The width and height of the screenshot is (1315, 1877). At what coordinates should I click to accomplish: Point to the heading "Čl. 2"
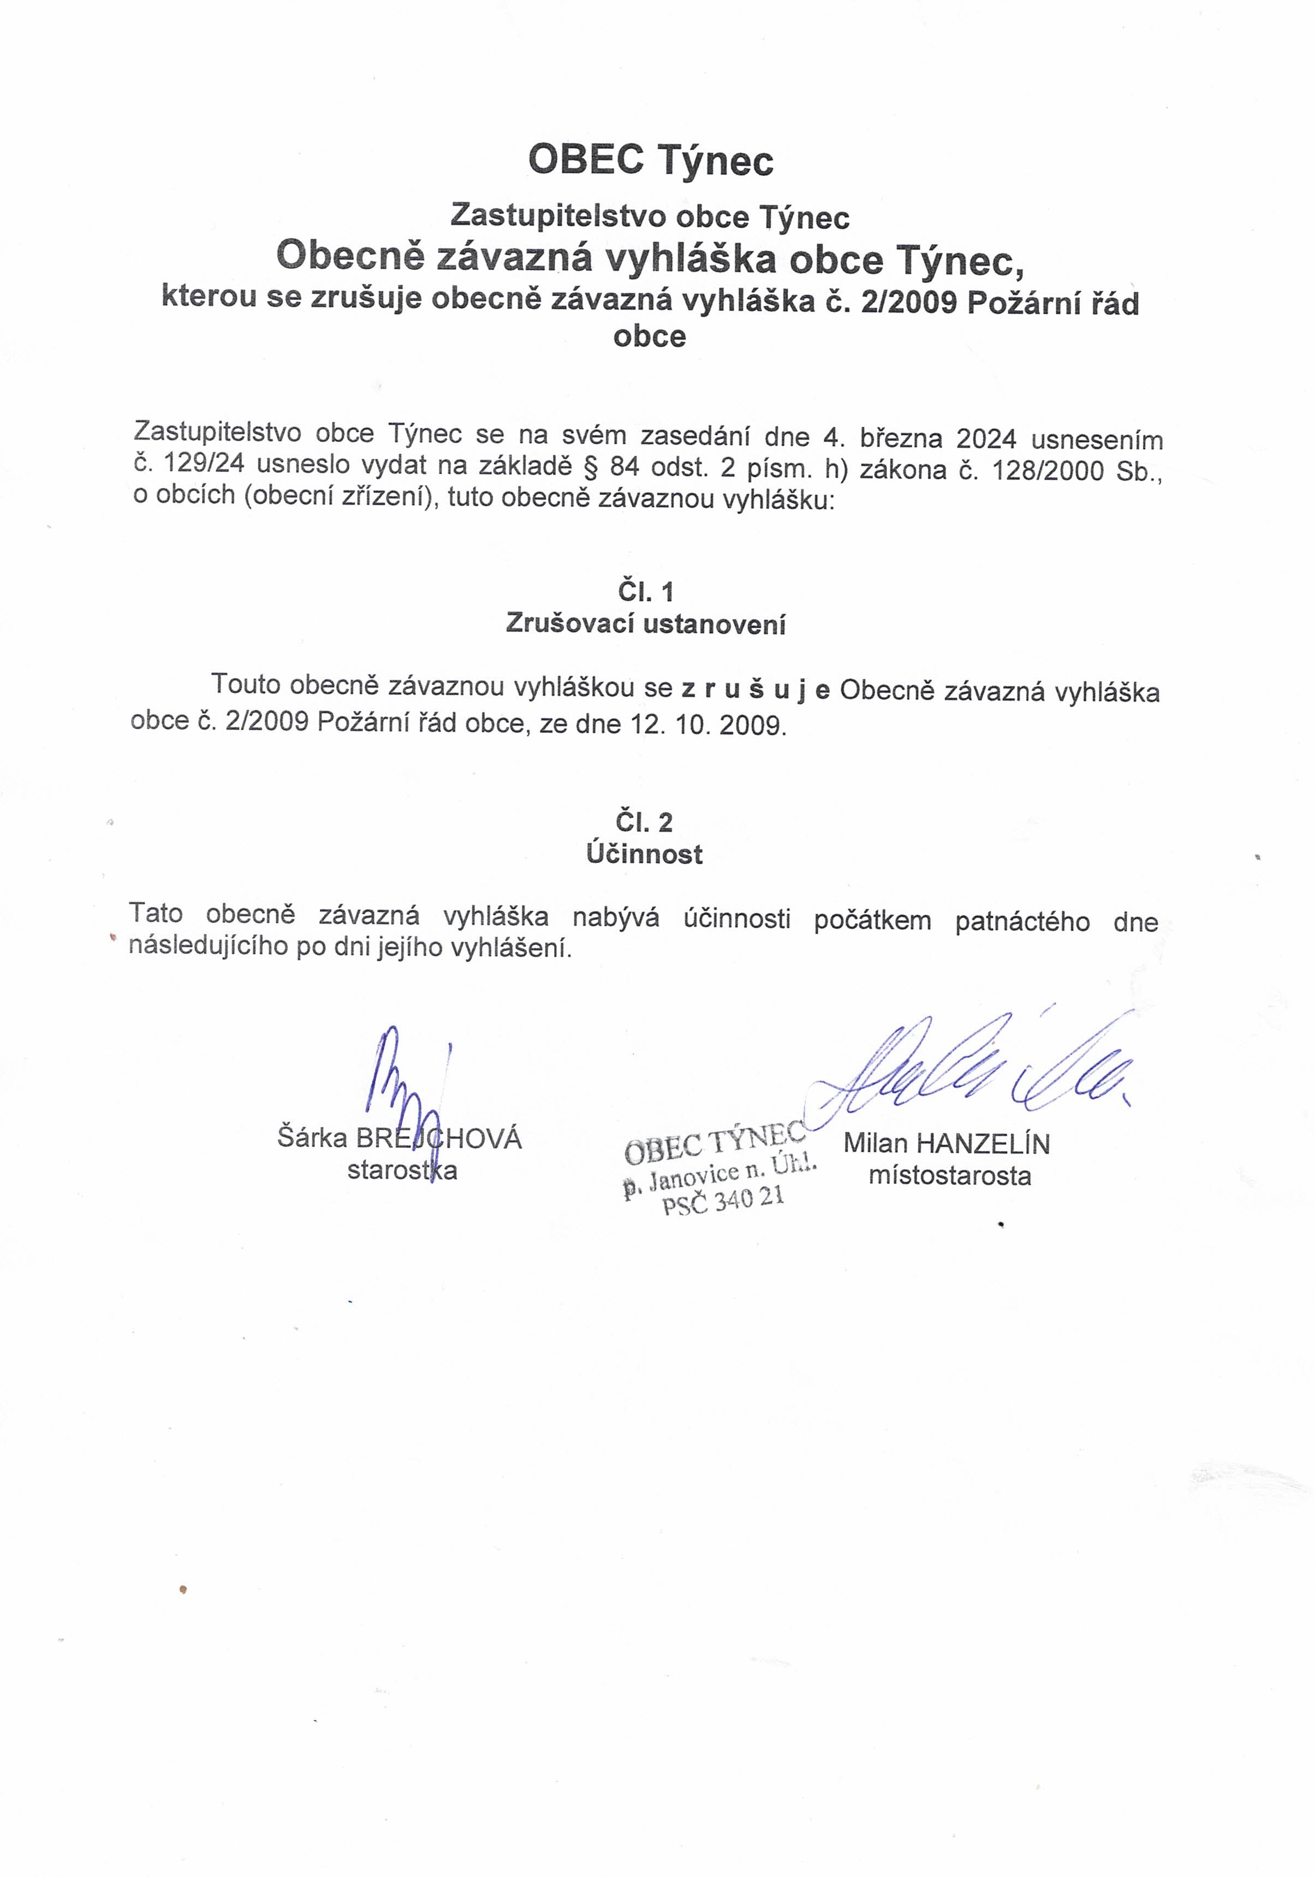[x=644, y=821]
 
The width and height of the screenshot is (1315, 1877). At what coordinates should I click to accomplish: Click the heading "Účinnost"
[x=644, y=854]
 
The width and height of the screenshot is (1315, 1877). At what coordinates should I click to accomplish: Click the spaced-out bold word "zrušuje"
[x=756, y=691]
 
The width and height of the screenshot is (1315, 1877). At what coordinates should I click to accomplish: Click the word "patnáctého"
[x=1022, y=921]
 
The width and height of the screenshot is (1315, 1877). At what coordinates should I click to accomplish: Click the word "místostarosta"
[x=950, y=1176]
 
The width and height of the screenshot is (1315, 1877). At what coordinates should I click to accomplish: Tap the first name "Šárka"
[x=313, y=1137]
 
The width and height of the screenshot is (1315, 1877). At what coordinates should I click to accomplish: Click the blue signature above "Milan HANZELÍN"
[x=973, y=1067]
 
